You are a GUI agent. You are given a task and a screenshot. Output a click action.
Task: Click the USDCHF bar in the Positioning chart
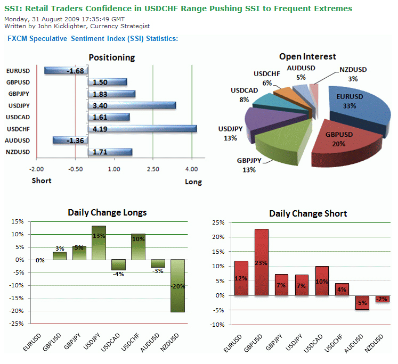point(142,129)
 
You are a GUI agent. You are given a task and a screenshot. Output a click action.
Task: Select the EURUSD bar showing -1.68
point(66,71)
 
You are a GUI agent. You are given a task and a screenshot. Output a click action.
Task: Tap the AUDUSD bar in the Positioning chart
point(70,140)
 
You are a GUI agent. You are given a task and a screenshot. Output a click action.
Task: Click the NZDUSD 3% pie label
point(352,74)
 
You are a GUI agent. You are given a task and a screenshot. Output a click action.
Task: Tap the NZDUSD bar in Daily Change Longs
point(177,286)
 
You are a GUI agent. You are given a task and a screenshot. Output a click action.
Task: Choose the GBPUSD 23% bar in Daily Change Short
point(262,262)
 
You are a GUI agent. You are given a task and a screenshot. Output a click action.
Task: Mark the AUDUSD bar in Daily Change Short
point(362,302)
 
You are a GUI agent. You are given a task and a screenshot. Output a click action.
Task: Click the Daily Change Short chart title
point(308,213)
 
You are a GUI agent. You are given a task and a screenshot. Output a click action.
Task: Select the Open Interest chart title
point(307,56)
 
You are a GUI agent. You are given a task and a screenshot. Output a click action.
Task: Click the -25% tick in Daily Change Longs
point(17,324)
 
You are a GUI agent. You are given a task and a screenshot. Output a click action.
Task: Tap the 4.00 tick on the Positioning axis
point(191,169)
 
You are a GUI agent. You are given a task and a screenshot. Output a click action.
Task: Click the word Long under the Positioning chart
point(193,181)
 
